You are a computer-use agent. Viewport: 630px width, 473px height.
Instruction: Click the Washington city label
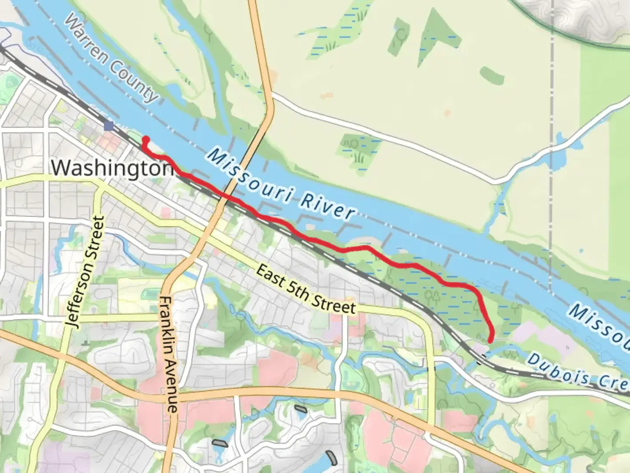pyautogui.click(x=112, y=168)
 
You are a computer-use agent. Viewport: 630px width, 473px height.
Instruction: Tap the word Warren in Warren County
pyautogui.click(x=85, y=42)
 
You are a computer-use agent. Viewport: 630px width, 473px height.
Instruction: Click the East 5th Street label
pyautogui.click(x=305, y=289)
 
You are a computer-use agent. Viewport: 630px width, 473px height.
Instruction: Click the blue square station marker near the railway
pyautogui.click(x=109, y=126)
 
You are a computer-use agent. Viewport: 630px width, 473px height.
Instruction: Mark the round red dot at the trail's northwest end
pyautogui.click(x=147, y=140)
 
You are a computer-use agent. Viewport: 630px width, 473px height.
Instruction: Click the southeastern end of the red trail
pyautogui.click(x=490, y=340)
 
